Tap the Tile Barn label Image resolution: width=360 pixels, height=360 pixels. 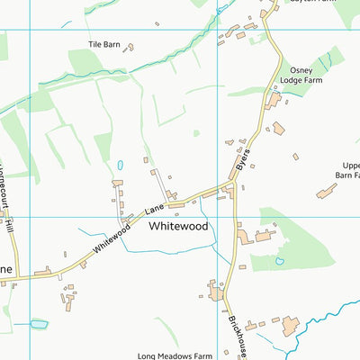coord(103,43)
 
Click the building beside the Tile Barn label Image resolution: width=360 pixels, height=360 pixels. coord(129,46)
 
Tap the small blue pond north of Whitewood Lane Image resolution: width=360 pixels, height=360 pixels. coord(120,166)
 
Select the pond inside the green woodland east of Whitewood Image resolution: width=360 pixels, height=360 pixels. coord(280,261)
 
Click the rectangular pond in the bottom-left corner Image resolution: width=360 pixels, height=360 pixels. coord(38,322)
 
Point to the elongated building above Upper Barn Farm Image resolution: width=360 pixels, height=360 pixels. coord(326,191)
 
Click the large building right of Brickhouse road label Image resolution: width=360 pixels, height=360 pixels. coord(290,325)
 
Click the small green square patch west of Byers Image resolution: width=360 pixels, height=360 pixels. coord(196,133)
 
